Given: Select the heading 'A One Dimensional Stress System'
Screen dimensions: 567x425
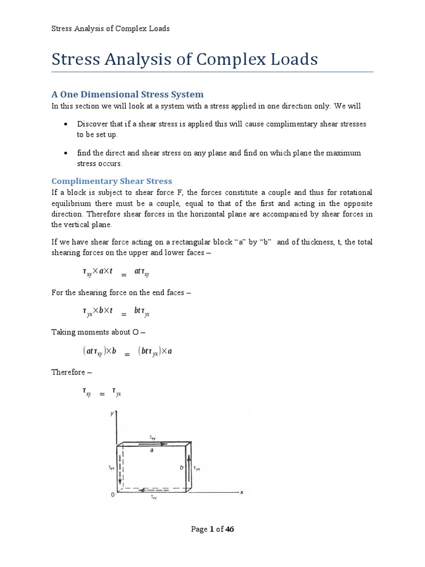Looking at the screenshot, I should coord(127,94).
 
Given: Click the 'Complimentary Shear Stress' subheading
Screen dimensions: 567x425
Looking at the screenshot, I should coord(112,181).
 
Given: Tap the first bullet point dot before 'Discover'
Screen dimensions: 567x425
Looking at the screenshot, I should coord(66,124).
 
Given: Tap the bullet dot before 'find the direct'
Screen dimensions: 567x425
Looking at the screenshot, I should coord(66,153).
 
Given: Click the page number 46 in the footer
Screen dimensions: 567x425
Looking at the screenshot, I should coord(230,529).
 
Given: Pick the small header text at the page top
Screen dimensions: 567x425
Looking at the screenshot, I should coord(110,29).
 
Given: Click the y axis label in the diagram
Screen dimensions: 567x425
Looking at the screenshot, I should coord(112,414).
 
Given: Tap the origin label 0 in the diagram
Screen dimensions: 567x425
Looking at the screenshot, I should coord(112,496).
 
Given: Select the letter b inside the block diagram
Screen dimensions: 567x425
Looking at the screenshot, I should coord(182,467).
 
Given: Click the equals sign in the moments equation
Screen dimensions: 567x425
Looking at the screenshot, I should coord(127,354).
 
